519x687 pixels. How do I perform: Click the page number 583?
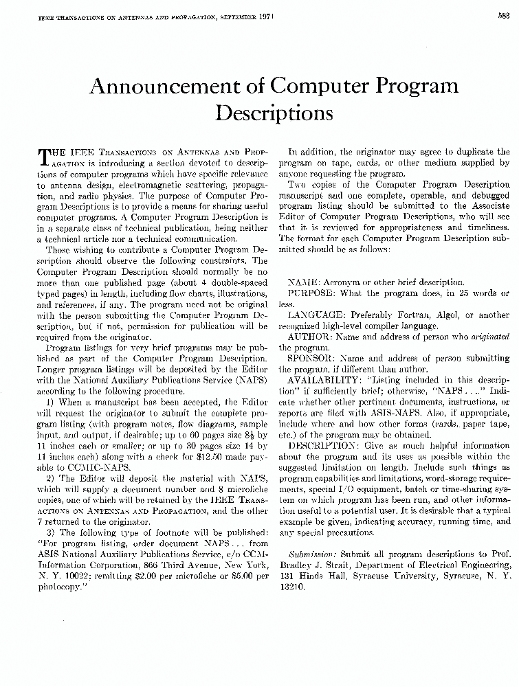[504, 19]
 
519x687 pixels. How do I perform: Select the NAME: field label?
[300, 282]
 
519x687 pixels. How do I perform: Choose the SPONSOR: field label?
[311, 359]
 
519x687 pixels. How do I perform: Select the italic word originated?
[490, 337]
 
